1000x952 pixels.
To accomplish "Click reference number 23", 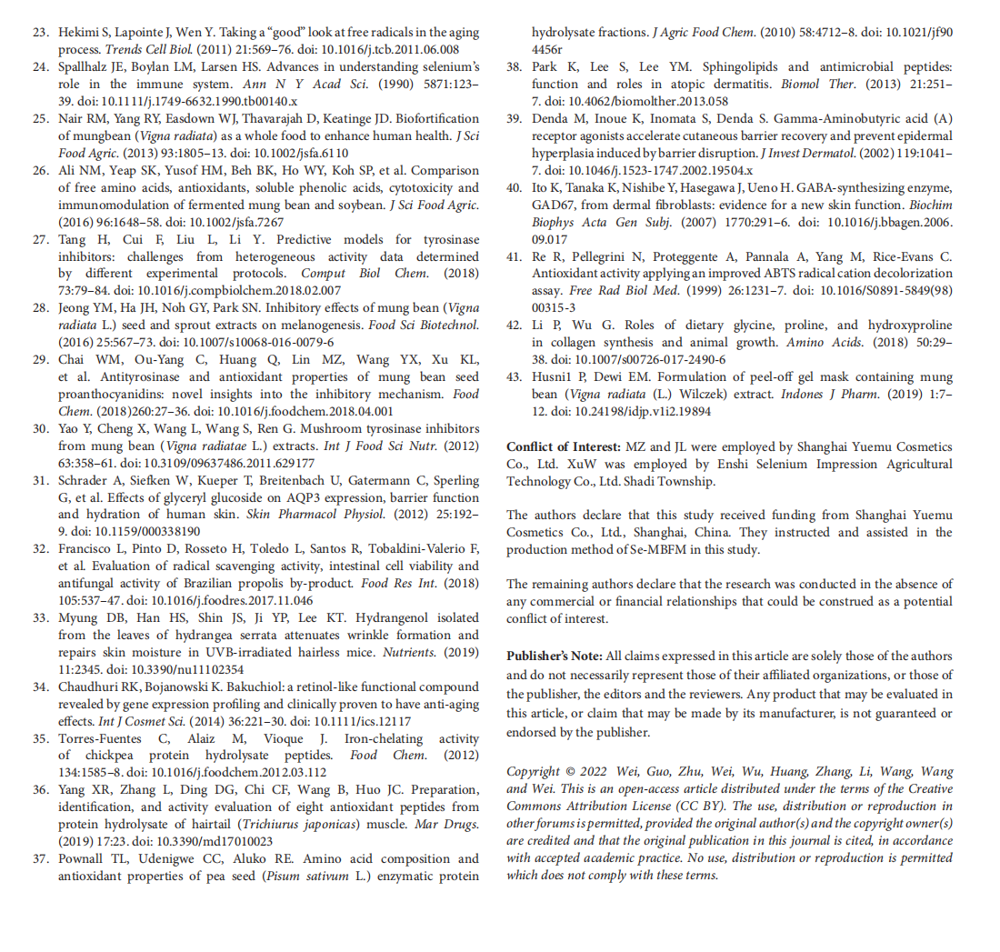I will [x=40, y=33].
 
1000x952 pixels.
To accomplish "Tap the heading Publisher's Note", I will [x=554, y=656].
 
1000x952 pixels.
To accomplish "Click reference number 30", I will [x=40, y=428].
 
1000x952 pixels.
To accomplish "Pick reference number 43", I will [x=515, y=377].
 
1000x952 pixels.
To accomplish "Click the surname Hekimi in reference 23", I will [x=78, y=33].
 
